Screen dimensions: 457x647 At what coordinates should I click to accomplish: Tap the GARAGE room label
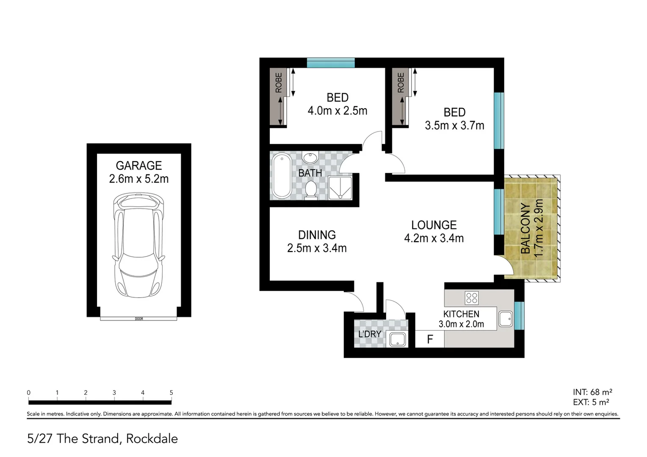coord(139,165)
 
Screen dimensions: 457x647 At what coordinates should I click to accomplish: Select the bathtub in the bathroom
coord(280,176)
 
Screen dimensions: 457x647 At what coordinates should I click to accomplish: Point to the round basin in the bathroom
coord(310,158)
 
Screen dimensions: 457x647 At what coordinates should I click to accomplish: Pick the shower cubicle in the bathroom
coord(340,187)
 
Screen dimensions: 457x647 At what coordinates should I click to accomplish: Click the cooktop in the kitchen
coord(471,298)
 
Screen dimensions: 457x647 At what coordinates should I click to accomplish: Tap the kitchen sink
coord(506,319)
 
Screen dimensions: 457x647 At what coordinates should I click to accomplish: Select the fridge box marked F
coord(430,339)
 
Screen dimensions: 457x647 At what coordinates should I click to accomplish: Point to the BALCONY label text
coord(525,228)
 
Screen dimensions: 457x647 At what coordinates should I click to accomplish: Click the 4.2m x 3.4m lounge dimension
coord(434,239)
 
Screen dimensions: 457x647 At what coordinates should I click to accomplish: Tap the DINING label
coord(317,235)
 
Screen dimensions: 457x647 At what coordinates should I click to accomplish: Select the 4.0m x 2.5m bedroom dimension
coord(337,111)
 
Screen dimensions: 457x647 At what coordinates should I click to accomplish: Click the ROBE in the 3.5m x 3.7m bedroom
coord(401,97)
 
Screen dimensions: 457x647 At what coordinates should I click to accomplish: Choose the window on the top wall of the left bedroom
coord(330,63)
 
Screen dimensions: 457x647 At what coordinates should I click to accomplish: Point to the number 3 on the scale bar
coord(114,393)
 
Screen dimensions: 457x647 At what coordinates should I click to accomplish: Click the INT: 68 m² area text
coord(592,392)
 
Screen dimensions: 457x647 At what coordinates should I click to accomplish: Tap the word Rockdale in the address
coord(152,439)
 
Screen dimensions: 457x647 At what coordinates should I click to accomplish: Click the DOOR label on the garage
coord(138,319)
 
